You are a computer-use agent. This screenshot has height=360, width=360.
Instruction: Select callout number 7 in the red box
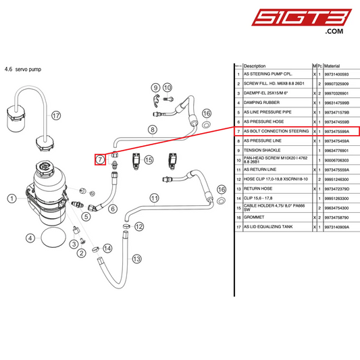(x=99, y=159)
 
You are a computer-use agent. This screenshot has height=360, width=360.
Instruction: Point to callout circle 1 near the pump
(x=11, y=198)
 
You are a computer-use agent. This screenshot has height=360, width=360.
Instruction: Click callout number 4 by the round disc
(x=30, y=238)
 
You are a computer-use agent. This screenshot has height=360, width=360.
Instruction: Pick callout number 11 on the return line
(x=155, y=198)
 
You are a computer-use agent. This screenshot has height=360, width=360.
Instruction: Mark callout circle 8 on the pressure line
(x=152, y=129)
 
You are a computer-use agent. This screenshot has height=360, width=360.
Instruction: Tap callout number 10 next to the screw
(x=168, y=87)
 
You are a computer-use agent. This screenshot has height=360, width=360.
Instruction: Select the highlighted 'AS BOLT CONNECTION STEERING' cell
(x=276, y=131)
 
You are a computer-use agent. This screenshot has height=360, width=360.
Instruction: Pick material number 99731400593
(x=340, y=74)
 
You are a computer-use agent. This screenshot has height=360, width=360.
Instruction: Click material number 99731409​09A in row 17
(x=340, y=228)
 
